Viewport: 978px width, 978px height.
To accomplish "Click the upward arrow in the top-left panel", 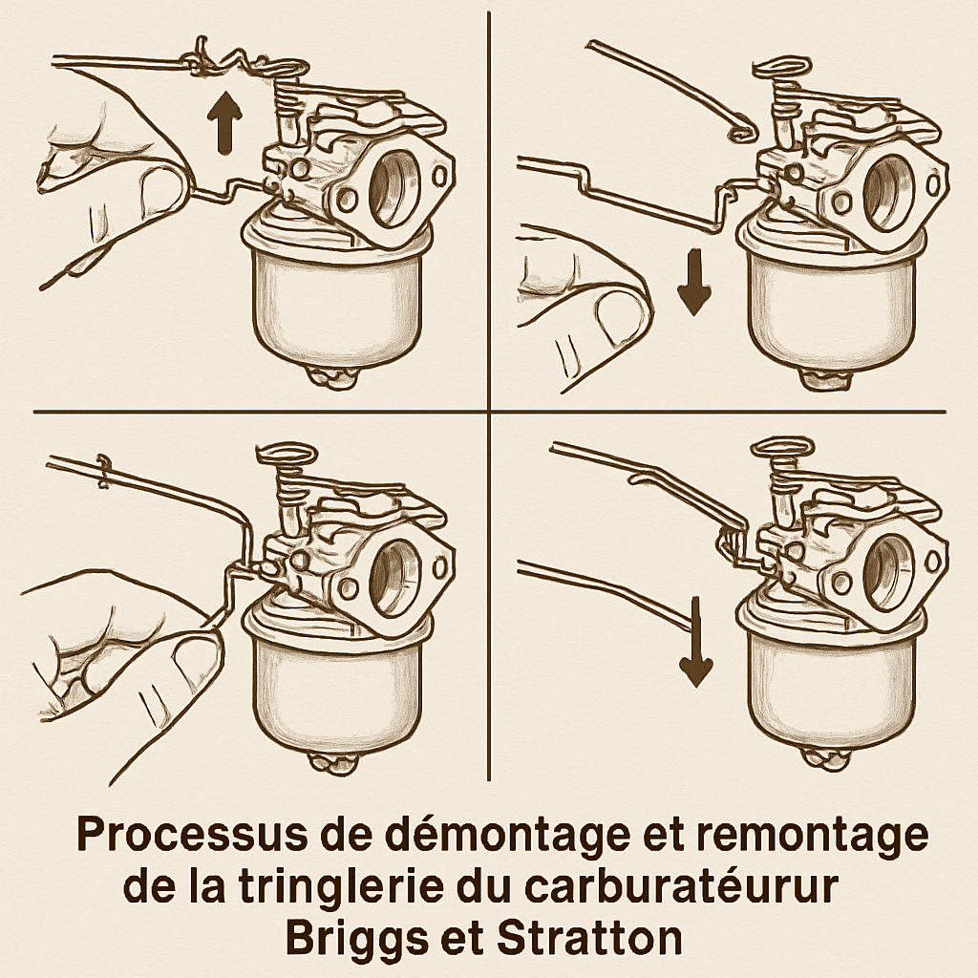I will [x=224, y=124].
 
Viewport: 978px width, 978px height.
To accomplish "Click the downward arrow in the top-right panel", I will [x=694, y=284].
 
